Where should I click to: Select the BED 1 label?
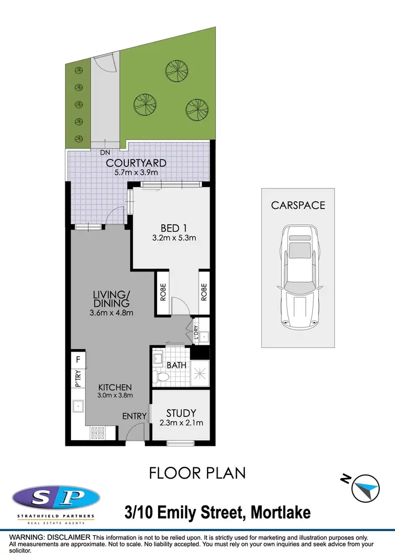tap(174, 228)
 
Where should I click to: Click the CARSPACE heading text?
tap(298, 205)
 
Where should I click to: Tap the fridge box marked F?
tap(78, 361)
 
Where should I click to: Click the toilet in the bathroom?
tap(163, 377)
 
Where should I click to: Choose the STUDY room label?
tap(181, 413)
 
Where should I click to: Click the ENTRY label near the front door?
tap(134, 416)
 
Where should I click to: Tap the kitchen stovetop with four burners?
tap(97, 433)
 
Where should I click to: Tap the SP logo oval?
tap(56, 497)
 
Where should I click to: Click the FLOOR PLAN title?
tap(197, 473)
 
